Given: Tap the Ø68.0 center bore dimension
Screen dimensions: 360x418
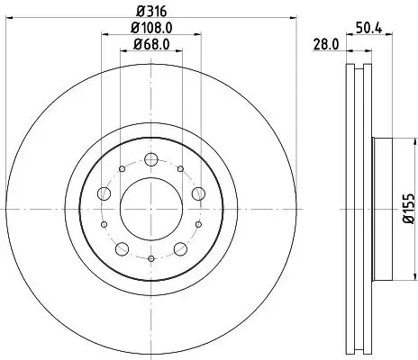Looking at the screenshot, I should pos(150,44).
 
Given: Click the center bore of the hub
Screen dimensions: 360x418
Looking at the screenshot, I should pos(150,208).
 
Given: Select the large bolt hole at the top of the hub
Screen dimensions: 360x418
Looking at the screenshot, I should pos(150,159).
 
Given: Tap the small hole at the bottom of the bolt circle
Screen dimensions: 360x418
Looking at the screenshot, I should pos(150,257).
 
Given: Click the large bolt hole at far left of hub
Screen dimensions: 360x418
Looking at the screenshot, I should pos(104,193).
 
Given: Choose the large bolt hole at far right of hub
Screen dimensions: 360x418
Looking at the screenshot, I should pos(196,193).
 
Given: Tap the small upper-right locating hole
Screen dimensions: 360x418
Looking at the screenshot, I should pos(181,169).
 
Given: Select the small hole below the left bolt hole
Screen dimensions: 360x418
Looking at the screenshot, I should pos(104,224).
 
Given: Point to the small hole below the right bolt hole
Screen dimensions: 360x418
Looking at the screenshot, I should pos(197,224).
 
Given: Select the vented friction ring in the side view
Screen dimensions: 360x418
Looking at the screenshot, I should pos(356,208).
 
